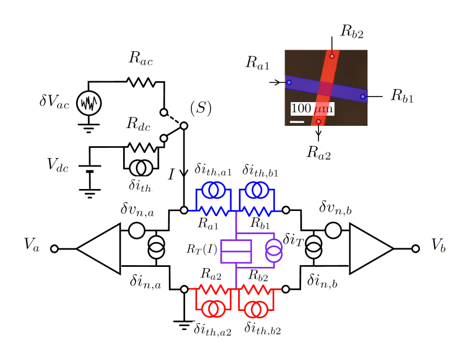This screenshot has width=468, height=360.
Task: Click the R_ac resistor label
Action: (x=141, y=58)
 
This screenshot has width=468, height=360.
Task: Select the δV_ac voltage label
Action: (x=55, y=101)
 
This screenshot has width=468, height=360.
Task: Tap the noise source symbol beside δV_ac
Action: (x=89, y=103)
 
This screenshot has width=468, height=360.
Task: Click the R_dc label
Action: (x=138, y=124)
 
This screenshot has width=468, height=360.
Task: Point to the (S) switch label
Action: (x=201, y=108)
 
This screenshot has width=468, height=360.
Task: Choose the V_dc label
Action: (x=58, y=165)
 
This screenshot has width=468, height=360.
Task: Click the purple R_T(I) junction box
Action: (x=236, y=252)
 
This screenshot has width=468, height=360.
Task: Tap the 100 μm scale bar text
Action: (x=312, y=108)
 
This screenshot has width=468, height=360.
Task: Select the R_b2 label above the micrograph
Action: (x=352, y=30)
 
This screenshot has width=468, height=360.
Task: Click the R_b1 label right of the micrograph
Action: (x=402, y=96)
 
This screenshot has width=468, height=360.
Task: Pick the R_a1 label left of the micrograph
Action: (x=258, y=63)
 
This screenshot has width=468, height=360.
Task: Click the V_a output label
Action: (x=33, y=245)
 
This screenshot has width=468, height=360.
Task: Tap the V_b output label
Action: (x=439, y=245)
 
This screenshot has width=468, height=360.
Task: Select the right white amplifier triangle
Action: (x=369, y=249)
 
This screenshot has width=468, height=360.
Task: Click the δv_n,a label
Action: (x=138, y=209)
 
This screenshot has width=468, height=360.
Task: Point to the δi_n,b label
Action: (x=322, y=280)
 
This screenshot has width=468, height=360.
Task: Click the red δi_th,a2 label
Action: (x=213, y=330)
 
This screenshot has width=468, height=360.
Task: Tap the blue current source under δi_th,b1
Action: (x=256, y=190)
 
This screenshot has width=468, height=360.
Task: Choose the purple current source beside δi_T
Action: (x=274, y=251)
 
